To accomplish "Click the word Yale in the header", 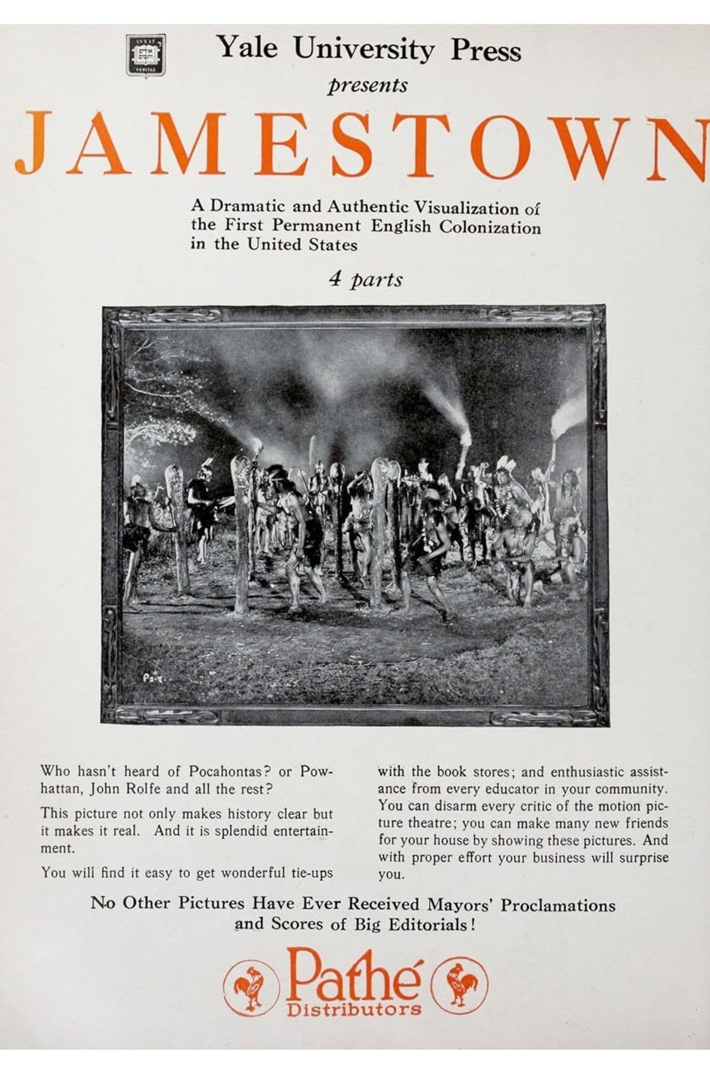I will pyautogui.click(x=248, y=48).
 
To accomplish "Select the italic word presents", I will pyautogui.click(x=367, y=85).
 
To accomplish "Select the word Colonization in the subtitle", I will pyautogui.click(x=490, y=227).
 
